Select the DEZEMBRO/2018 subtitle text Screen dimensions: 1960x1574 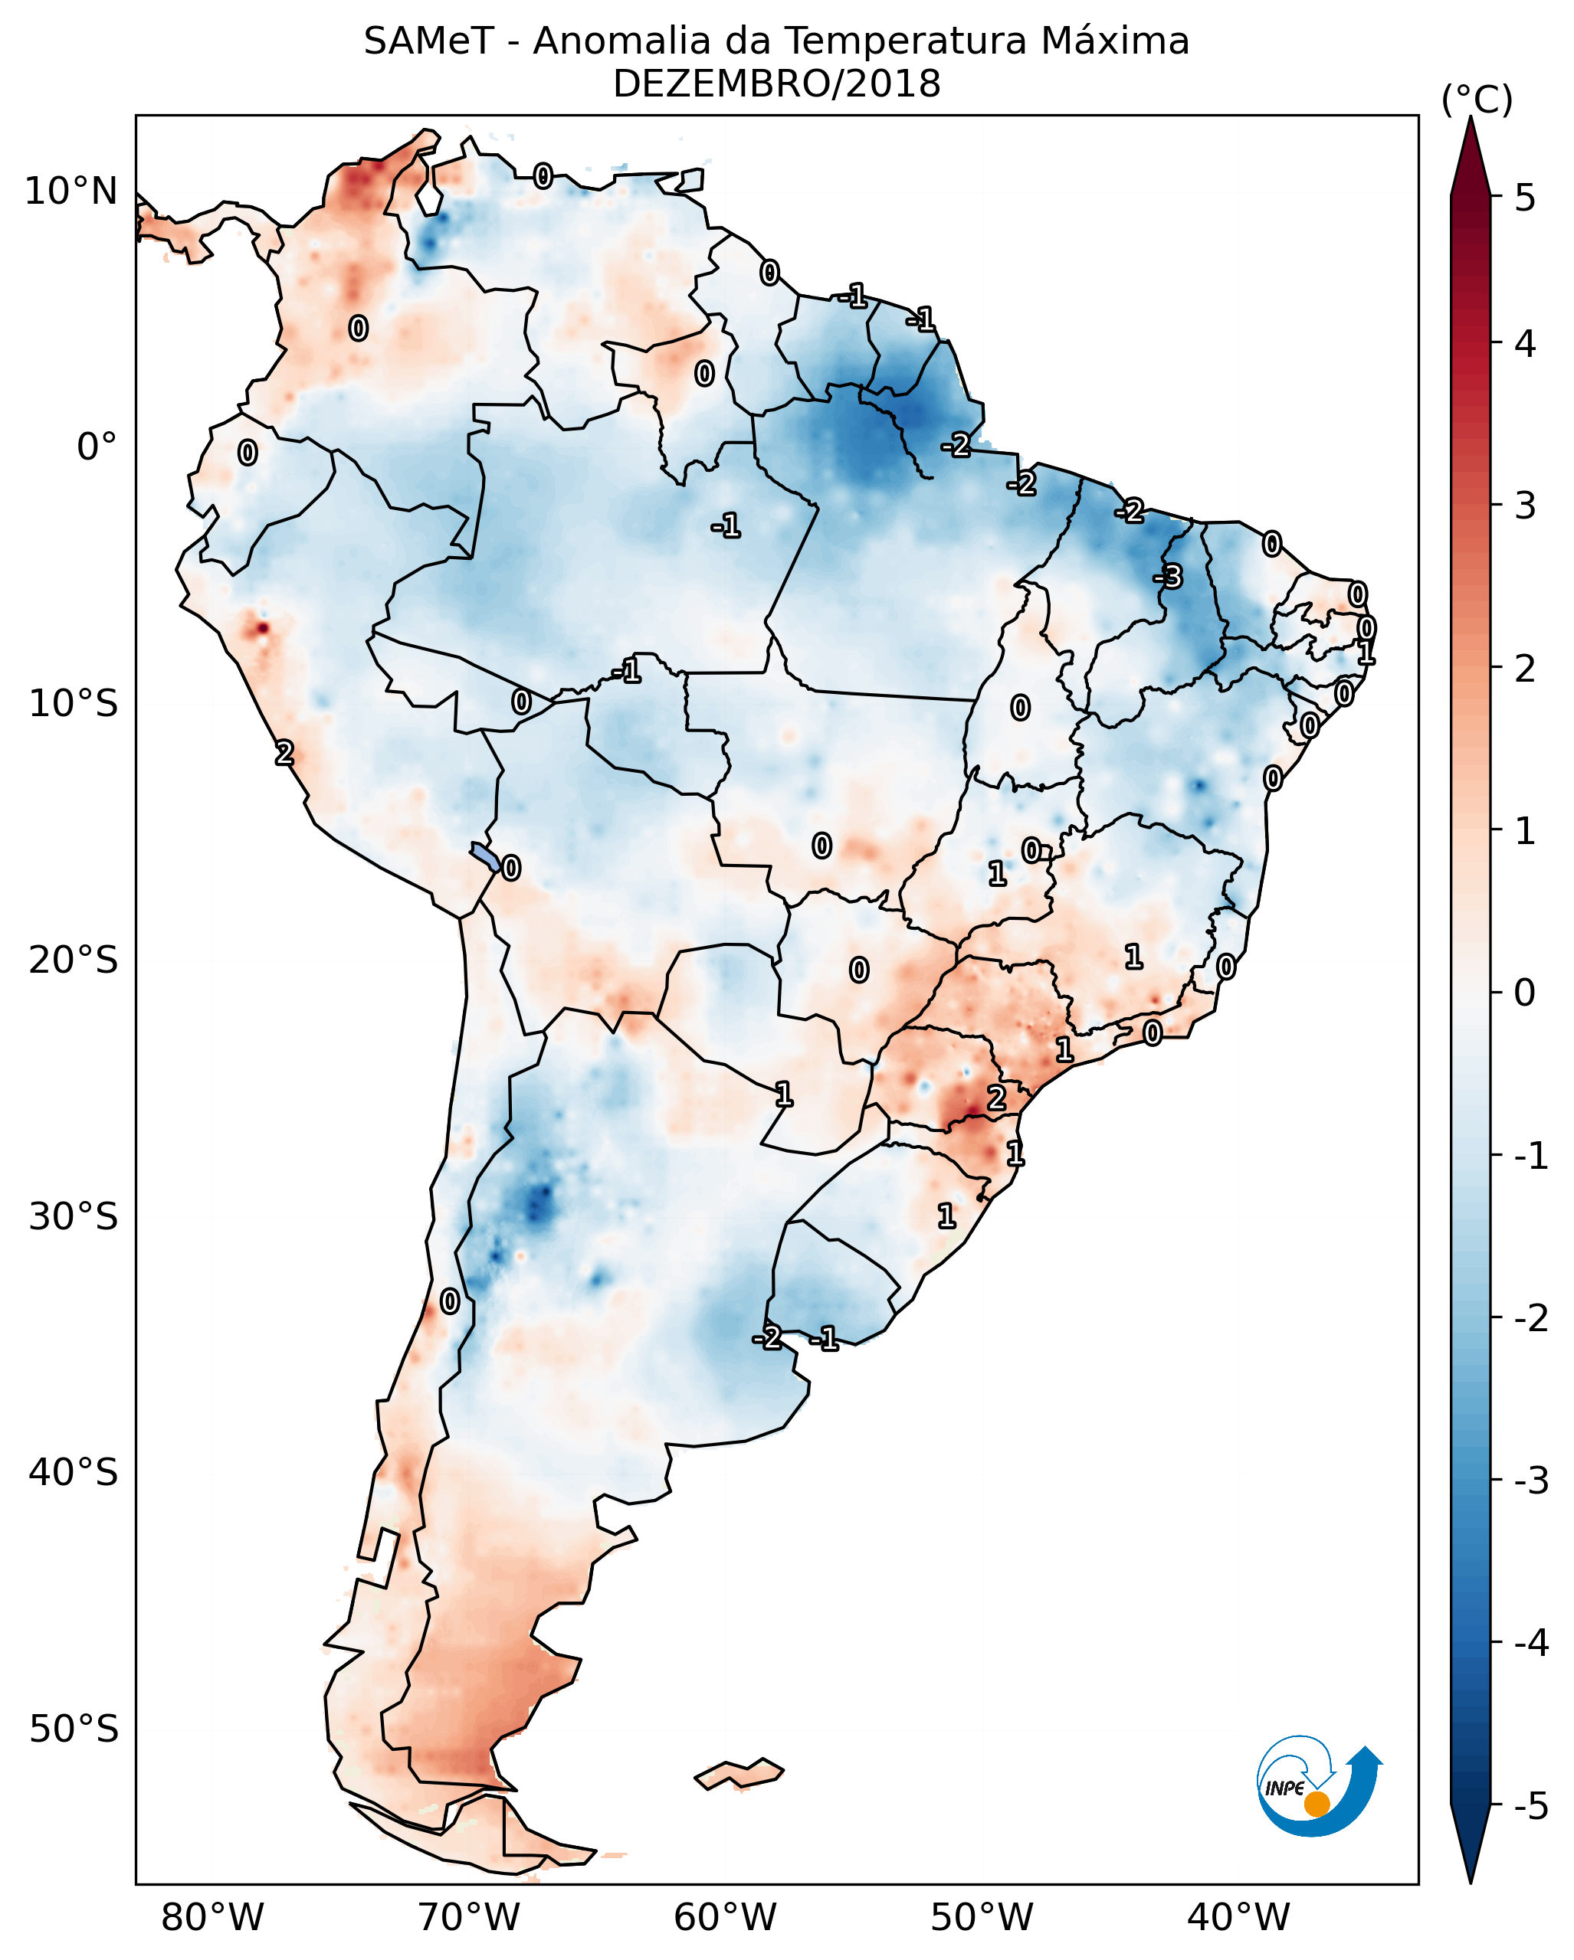tap(776, 84)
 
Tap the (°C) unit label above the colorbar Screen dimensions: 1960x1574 tap(1477, 100)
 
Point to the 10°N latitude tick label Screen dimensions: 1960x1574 tap(71, 191)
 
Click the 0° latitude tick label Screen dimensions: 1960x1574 tap(97, 447)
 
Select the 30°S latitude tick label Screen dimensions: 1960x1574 tap(73, 1216)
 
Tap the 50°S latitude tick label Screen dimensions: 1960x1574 tap(73, 1729)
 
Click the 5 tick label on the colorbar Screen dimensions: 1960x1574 tap(1525, 198)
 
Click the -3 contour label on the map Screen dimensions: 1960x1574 tap(1169, 577)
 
